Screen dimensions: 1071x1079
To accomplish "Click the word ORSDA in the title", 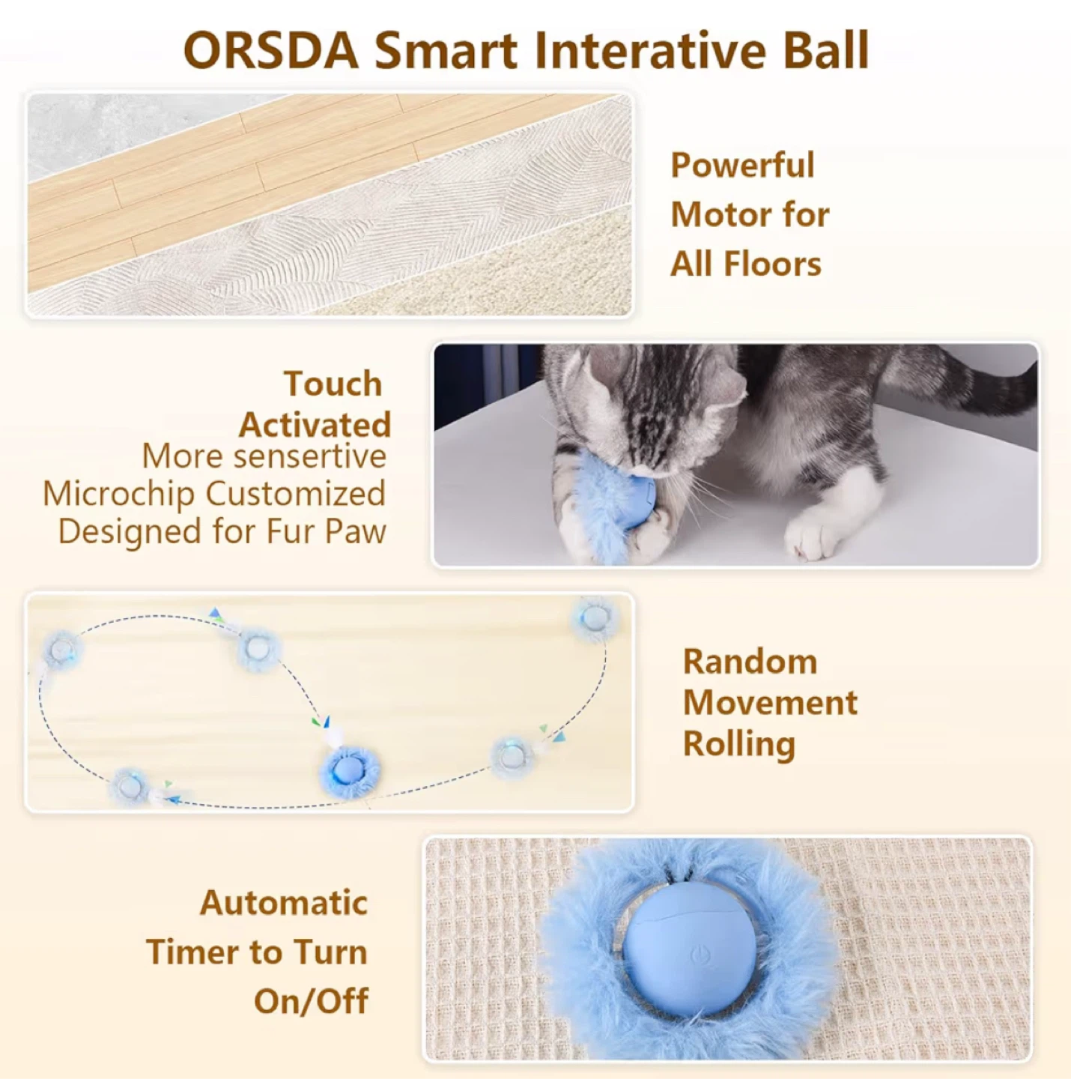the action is coord(271,51).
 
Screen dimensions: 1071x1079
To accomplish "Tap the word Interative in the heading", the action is coord(649,50).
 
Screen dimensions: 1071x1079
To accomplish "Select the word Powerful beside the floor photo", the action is coord(742,165).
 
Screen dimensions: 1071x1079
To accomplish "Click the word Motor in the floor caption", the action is coord(719,214).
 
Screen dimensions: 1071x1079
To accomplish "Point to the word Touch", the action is coord(333,384).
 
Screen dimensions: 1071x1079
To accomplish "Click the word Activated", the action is coord(315,425).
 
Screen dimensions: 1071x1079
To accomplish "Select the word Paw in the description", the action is coord(356,532).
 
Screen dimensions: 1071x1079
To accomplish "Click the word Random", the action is coord(750,662).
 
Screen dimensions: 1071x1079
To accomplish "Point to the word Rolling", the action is coord(739,746).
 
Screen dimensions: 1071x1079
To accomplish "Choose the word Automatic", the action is coord(284,903).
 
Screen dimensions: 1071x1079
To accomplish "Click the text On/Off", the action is coord(312,1002).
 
